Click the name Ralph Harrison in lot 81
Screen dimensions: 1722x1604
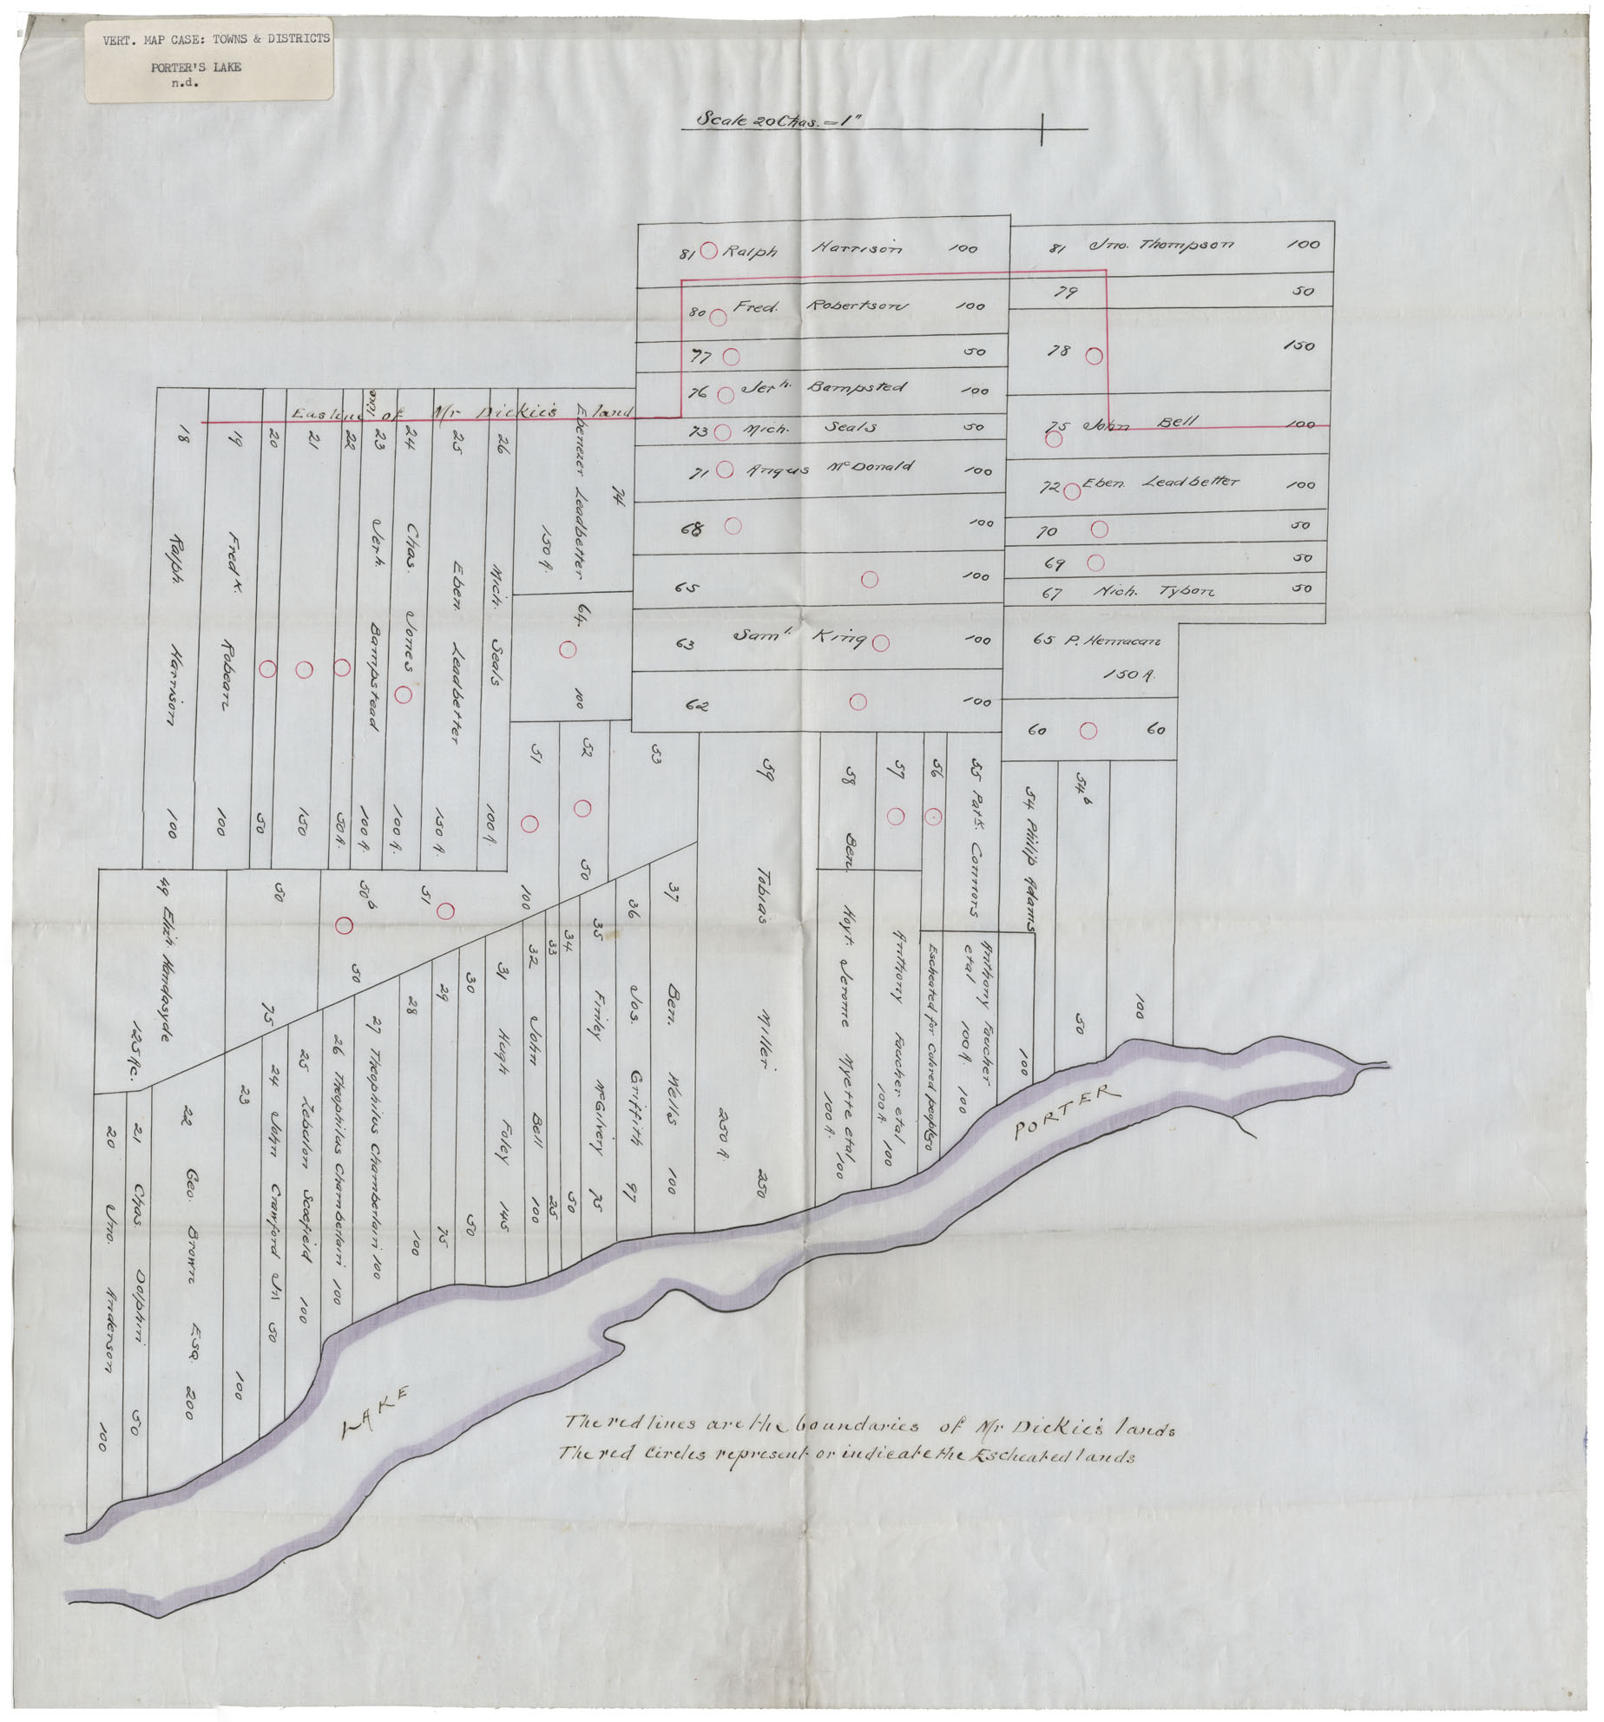[811, 250]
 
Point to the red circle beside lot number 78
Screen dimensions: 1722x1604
[1095, 356]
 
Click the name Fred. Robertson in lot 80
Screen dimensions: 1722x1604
[820, 306]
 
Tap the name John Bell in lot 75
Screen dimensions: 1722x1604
[1142, 424]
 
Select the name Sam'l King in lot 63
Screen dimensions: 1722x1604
[799, 638]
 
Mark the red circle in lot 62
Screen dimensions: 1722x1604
[858, 702]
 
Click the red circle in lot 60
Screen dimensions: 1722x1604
[1088, 731]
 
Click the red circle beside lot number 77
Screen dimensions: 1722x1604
[731, 356]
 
